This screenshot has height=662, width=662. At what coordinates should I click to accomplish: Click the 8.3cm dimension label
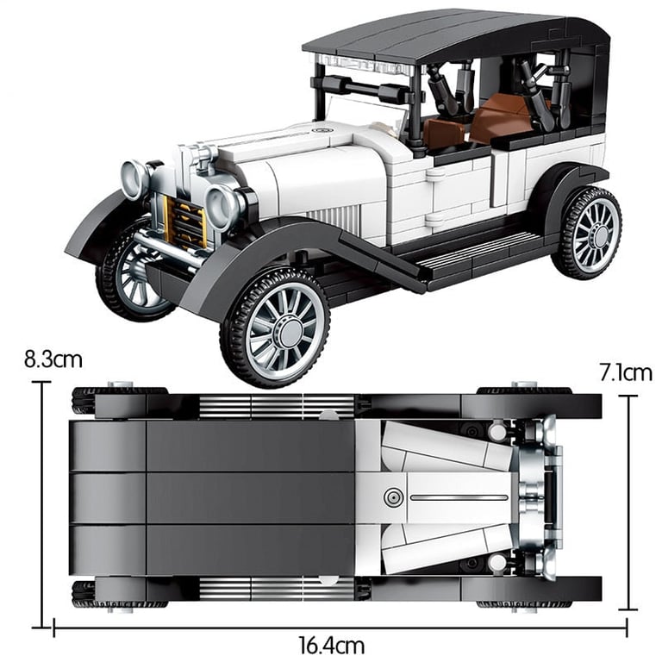(53, 359)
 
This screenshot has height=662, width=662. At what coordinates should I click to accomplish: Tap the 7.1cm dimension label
(626, 372)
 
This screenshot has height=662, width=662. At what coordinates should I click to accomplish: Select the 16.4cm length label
(332, 646)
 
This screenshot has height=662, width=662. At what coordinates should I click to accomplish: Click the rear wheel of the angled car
(587, 234)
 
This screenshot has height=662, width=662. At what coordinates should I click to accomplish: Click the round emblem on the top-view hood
(393, 497)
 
